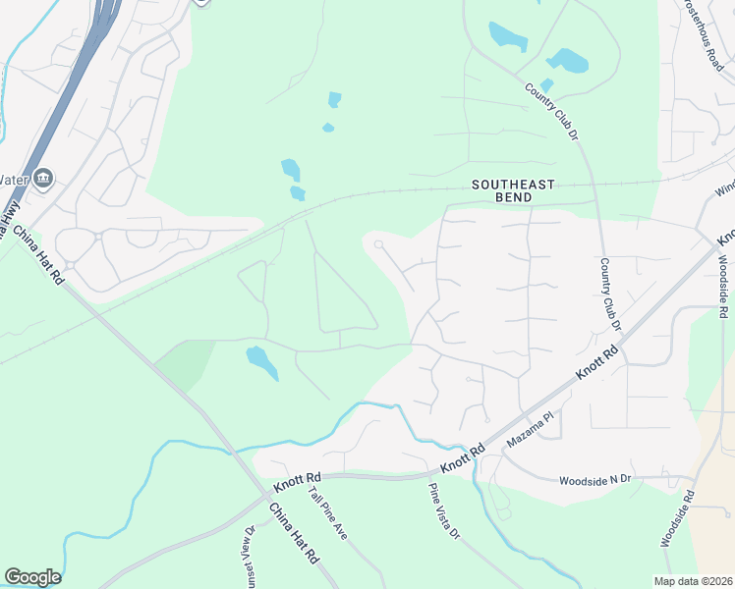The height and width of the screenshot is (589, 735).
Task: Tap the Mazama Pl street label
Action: [x=531, y=431]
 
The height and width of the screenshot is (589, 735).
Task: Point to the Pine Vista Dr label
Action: [x=443, y=511]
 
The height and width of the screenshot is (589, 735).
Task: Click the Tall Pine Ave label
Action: [x=327, y=514]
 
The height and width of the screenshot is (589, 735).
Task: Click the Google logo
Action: [x=32, y=577]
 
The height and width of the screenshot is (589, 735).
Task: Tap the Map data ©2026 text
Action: [x=694, y=581]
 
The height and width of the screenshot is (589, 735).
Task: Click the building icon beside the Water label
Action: [x=42, y=179]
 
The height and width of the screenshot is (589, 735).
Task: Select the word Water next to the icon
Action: [x=12, y=180]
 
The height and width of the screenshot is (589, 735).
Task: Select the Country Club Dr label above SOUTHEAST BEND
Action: [x=550, y=111]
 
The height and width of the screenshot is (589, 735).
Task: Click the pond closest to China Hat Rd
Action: [x=261, y=361]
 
